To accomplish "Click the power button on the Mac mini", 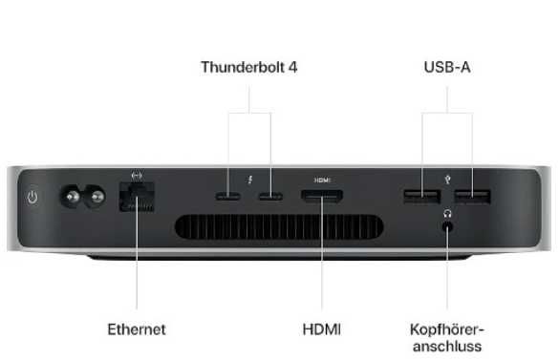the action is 32,199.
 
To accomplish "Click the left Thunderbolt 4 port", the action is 229,199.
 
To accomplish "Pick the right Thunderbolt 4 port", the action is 270,199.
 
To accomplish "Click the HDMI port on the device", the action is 322,199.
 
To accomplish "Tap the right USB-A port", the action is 472,199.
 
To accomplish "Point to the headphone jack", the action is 447,225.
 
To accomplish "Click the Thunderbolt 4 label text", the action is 249,68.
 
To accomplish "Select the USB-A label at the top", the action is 447,68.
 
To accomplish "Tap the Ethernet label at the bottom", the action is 135,328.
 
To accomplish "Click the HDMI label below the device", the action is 322,328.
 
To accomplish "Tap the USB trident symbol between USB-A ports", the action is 447,178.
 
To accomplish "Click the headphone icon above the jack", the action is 447,212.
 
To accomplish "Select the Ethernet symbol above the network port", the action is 135,176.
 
